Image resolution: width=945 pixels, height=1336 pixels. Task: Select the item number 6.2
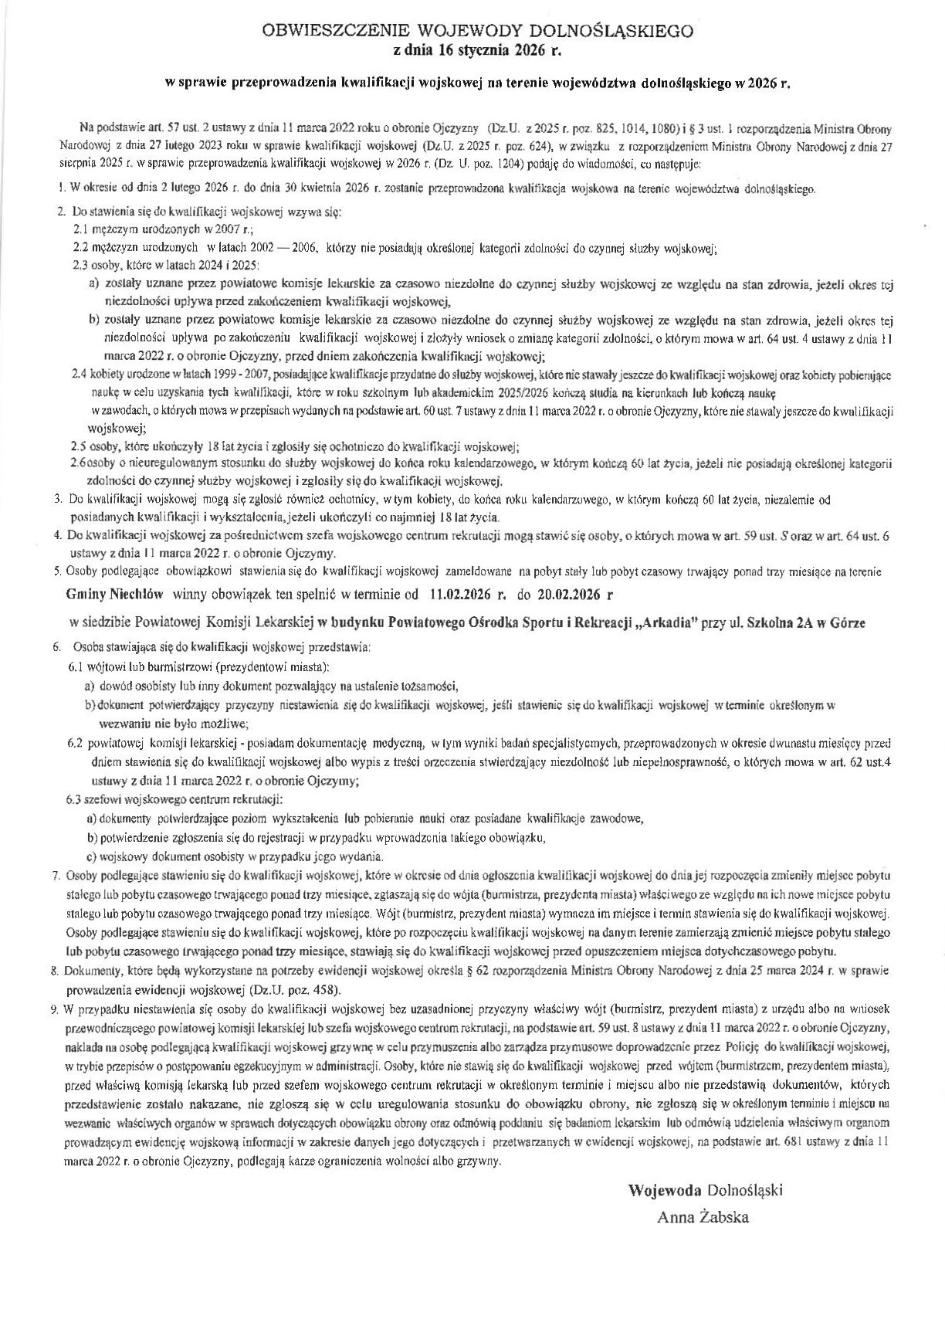(x=75, y=744)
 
